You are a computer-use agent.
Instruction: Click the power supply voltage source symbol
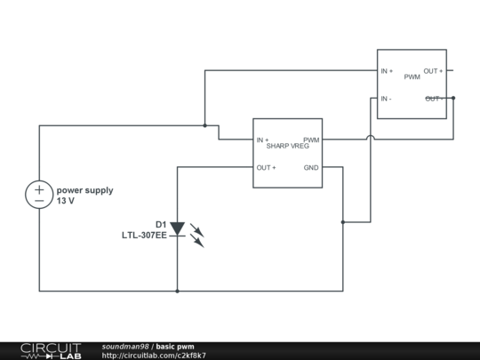click(39, 195)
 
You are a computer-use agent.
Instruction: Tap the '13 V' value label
click(66, 202)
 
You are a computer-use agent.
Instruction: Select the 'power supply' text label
click(85, 190)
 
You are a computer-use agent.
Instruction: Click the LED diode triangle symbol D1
click(177, 229)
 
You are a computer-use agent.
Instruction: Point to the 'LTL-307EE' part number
click(144, 236)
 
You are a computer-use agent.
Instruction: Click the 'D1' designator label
click(161, 224)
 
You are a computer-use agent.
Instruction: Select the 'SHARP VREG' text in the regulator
click(287, 146)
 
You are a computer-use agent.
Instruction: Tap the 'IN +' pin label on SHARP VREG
click(263, 140)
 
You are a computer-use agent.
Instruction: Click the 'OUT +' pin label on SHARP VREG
click(267, 168)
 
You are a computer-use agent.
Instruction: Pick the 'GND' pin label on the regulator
click(311, 168)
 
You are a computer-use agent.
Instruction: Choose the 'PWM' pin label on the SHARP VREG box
click(311, 140)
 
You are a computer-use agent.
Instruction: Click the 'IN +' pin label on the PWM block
click(388, 71)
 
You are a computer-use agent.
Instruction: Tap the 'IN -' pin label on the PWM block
click(387, 99)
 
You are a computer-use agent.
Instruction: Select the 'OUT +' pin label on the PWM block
click(433, 71)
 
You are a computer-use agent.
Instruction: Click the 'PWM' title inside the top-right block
click(412, 77)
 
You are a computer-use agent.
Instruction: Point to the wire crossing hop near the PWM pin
click(370, 138)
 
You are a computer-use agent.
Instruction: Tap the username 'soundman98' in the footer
click(125, 346)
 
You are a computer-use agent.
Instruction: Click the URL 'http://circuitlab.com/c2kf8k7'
click(154, 356)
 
